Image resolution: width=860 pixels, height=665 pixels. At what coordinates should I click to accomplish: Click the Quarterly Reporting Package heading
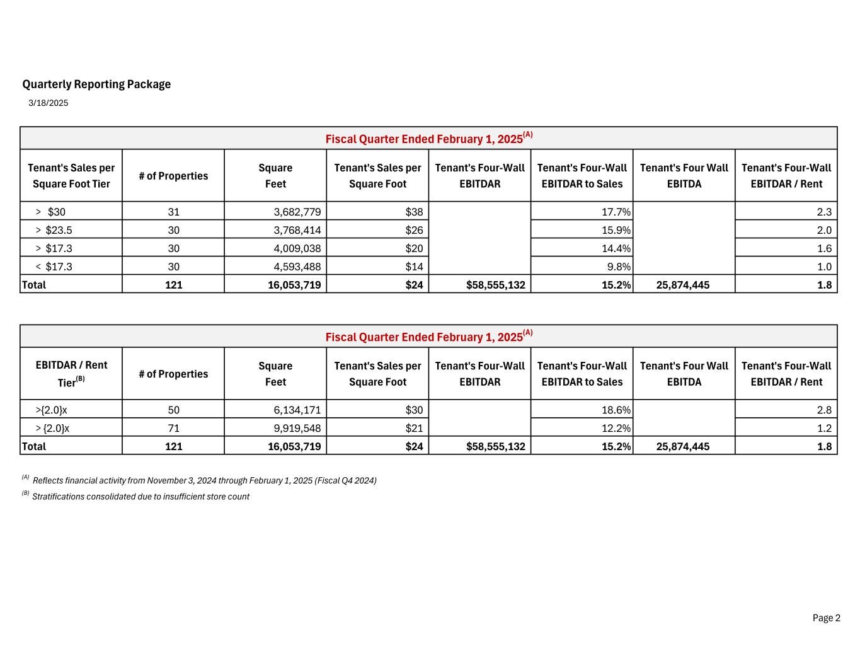tap(96, 84)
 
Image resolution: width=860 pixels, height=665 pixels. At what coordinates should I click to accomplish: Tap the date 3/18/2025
tap(49, 103)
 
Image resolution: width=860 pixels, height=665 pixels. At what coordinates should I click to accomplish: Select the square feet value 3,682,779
tap(297, 212)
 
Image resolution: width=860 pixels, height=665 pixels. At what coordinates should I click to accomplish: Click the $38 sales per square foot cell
tap(414, 212)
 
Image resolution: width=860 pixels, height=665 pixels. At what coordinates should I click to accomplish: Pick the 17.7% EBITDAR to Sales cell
tap(616, 212)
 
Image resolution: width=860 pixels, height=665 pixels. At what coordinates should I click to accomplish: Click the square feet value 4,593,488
tap(297, 267)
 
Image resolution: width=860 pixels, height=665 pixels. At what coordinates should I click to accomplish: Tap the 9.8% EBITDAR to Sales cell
tap(619, 267)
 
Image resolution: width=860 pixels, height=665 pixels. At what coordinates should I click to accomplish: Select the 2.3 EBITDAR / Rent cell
tap(823, 212)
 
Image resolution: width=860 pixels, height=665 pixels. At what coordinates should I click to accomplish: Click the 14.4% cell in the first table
tap(616, 248)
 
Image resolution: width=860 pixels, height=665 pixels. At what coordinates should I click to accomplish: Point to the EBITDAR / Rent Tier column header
tap(71, 374)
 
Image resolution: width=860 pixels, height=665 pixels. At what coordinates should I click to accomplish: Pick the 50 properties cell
tap(173, 410)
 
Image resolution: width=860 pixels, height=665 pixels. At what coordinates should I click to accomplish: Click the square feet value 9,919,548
tap(297, 429)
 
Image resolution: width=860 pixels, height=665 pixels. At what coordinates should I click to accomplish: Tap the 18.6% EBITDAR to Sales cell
tap(616, 410)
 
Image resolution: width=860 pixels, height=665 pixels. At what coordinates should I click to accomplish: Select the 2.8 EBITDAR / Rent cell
tap(823, 410)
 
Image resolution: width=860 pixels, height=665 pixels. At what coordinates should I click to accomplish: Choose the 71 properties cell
tap(173, 429)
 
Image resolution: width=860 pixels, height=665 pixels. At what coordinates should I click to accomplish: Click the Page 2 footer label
tap(826, 618)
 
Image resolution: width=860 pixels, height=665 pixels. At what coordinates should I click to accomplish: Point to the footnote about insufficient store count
tap(140, 497)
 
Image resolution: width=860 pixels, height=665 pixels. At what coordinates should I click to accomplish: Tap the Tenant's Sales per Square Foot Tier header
tap(71, 176)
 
